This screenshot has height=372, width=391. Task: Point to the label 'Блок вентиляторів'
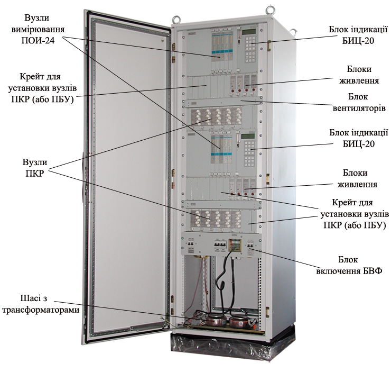359,103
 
